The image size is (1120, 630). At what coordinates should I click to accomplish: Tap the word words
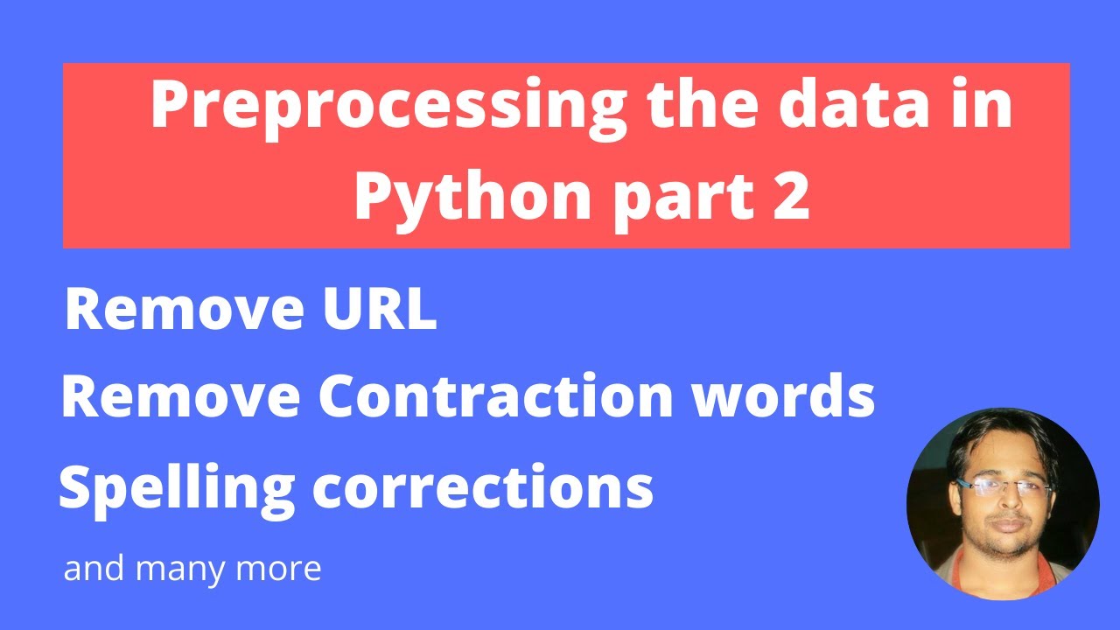coord(788,397)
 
